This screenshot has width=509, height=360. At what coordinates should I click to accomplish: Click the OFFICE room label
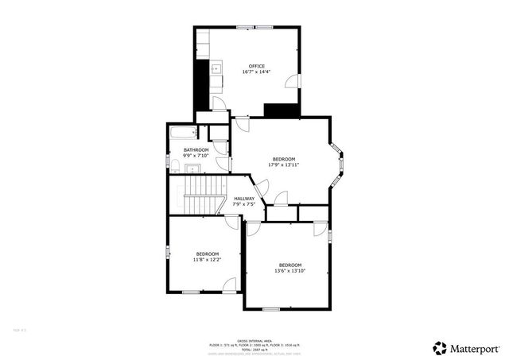point(256,66)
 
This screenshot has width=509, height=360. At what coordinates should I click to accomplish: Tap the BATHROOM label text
point(196,149)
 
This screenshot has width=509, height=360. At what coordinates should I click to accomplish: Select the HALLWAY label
point(244,199)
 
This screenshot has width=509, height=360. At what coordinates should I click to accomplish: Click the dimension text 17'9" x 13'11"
point(284,165)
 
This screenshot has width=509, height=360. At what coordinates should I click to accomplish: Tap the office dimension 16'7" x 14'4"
point(256,72)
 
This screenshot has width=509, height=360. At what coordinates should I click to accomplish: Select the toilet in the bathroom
point(174,165)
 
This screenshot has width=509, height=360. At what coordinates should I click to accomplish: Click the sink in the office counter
point(215,70)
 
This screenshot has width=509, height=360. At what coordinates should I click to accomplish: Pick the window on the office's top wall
point(254,28)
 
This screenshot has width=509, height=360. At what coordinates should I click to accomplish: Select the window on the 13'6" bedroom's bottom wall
point(289,308)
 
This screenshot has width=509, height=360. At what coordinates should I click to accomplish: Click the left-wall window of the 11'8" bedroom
point(168,252)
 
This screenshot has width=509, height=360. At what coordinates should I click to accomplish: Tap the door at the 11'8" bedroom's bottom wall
point(229,287)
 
